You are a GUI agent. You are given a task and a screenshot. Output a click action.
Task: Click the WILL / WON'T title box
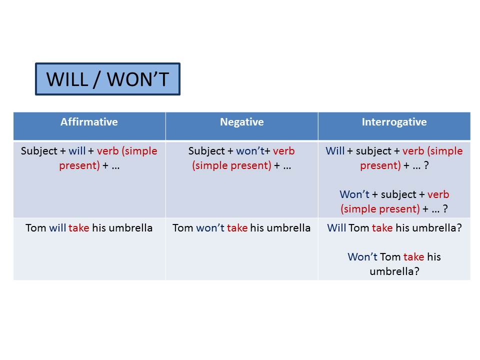pos(108,79)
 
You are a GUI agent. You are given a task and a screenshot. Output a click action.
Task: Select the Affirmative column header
pos(89,122)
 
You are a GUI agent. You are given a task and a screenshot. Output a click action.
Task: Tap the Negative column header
pos(242,122)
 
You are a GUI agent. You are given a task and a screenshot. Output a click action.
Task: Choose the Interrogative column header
pos(394,122)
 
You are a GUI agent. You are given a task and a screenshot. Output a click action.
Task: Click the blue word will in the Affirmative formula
pos(77,150)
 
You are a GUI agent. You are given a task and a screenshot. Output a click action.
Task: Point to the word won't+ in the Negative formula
pos(253,150)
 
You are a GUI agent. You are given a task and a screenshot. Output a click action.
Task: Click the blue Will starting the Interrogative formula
pos(335,150)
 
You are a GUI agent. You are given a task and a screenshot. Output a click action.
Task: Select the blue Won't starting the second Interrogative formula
pos(354,194)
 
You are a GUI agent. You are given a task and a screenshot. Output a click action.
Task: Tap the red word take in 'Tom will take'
pos(78,228)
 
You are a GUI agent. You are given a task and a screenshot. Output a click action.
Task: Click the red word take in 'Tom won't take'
pos(237,228)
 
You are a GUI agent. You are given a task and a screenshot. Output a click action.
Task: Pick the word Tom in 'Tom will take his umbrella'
pos(36,228)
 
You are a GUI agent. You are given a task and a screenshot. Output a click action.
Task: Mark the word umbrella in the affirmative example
pos(130,228)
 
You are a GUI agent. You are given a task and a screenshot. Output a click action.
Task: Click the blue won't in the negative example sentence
pos(210,228)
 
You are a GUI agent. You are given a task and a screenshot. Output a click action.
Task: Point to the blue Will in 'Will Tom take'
pos(336,228)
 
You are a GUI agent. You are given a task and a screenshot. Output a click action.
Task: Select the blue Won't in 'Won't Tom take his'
pos(362,256)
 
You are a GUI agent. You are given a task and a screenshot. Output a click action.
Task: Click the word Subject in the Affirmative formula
pos(39,151)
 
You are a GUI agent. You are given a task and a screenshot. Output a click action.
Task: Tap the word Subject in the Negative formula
pos(206,151)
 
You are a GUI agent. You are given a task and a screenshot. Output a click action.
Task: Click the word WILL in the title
pos(67,79)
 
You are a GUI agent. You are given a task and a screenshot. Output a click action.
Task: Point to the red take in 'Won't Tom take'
pos(414,256)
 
